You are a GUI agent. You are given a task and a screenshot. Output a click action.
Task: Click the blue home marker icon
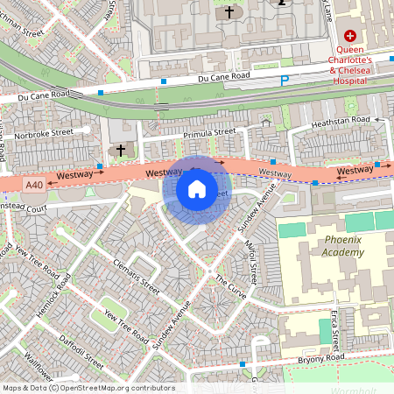[x=197, y=189]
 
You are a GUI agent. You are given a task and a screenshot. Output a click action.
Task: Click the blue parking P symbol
[x=284, y=81]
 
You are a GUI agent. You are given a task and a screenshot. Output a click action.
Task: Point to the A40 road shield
[x=34, y=185]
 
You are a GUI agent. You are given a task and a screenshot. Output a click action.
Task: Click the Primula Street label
[x=209, y=133]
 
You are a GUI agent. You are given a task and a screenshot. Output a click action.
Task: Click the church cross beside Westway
[x=121, y=149]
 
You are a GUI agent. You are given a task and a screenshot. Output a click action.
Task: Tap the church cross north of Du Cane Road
[x=230, y=12]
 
